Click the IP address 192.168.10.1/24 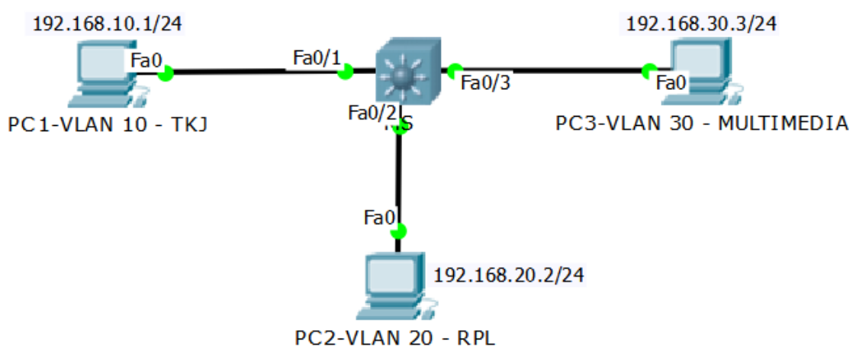(x=107, y=24)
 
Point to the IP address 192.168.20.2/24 (x=509, y=275)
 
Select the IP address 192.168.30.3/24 (x=701, y=24)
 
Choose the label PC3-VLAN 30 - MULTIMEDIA (x=702, y=123)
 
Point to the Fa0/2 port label (x=372, y=113)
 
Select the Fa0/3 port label (x=485, y=82)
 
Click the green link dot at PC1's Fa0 (x=165, y=72)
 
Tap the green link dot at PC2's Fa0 (x=397, y=231)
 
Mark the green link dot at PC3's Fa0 (x=649, y=70)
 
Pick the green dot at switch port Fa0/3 (x=455, y=71)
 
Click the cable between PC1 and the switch (x=252, y=72)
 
